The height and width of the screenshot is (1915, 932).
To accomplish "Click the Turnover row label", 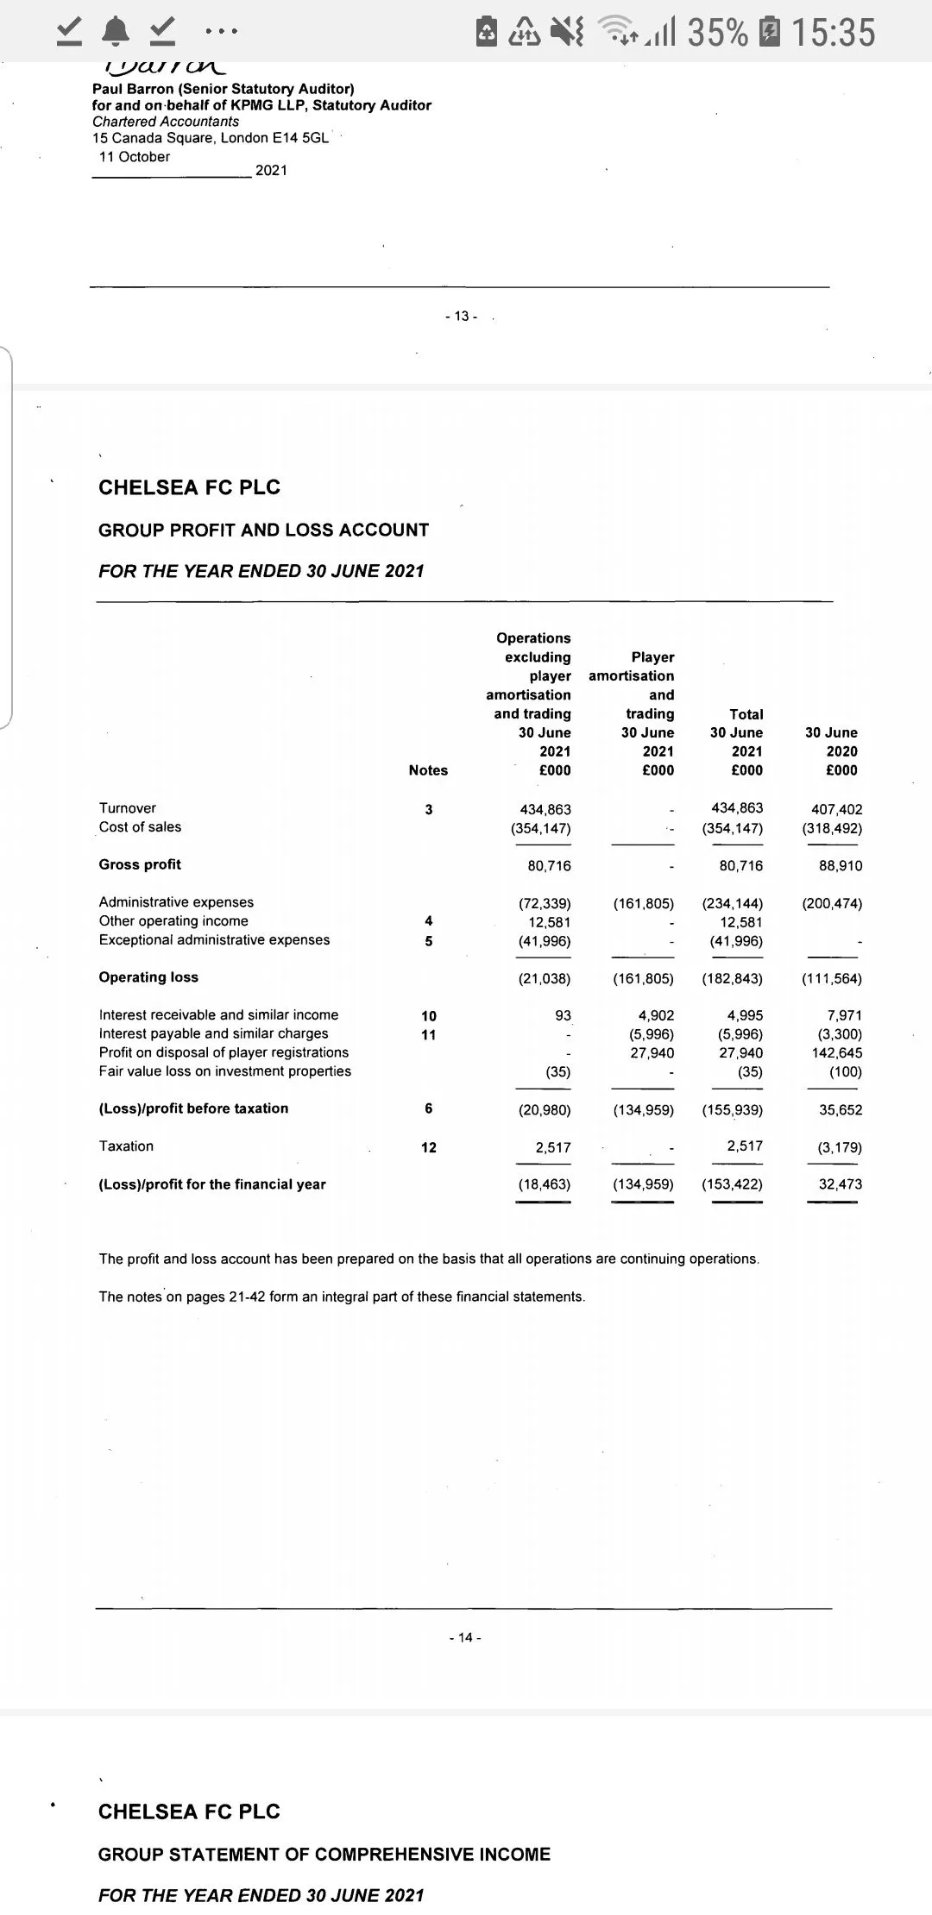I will point(128,808).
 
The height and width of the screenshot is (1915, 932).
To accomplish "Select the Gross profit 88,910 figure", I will point(840,865).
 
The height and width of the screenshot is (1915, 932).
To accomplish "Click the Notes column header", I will point(428,770).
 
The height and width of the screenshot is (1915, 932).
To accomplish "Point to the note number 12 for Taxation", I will point(428,1147).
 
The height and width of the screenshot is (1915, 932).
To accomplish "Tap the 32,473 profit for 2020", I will point(840,1184).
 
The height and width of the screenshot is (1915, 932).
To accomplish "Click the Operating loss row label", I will point(148,977).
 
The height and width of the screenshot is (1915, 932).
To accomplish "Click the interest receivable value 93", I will point(563,1015).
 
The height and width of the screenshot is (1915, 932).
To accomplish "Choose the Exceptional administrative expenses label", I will point(214,939).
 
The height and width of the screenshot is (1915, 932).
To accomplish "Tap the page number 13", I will point(462,317).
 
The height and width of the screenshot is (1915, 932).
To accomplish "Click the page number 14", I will point(465,1637).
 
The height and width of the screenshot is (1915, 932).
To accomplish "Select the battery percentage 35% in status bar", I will point(717,33).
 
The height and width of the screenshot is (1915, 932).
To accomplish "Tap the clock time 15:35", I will point(833,33).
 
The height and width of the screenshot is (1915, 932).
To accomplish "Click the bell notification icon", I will point(114,32).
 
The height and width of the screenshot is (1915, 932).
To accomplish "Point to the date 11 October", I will point(135,157).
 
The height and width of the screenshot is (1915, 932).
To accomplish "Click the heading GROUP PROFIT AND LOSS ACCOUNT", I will point(263,530).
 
